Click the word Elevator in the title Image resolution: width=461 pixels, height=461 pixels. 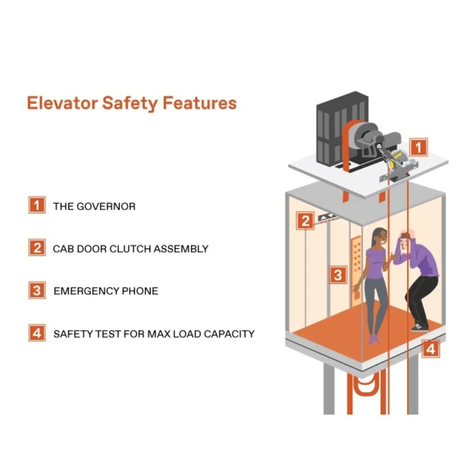point(62,103)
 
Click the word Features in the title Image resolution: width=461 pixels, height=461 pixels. point(199,103)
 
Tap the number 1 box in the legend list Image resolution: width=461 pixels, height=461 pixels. point(37,204)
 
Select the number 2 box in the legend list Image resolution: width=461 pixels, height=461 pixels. point(37,247)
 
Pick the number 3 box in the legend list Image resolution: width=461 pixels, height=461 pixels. point(37,290)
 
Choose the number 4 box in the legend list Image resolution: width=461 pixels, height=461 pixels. point(37,333)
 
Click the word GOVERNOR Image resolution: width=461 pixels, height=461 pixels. point(106,207)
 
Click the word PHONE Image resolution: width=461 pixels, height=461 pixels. point(140,291)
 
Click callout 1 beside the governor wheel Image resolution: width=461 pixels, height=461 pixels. point(419,147)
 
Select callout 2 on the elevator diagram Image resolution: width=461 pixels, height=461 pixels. point(305,221)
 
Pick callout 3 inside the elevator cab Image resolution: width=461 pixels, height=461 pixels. point(338,275)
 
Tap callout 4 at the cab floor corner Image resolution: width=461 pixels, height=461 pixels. point(431,349)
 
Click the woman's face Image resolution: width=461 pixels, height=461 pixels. point(381,237)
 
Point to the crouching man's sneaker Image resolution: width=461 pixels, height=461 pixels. point(420,327)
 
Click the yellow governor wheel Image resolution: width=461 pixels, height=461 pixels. point(398,160)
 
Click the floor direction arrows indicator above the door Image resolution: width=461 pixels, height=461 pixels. point(327,218)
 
